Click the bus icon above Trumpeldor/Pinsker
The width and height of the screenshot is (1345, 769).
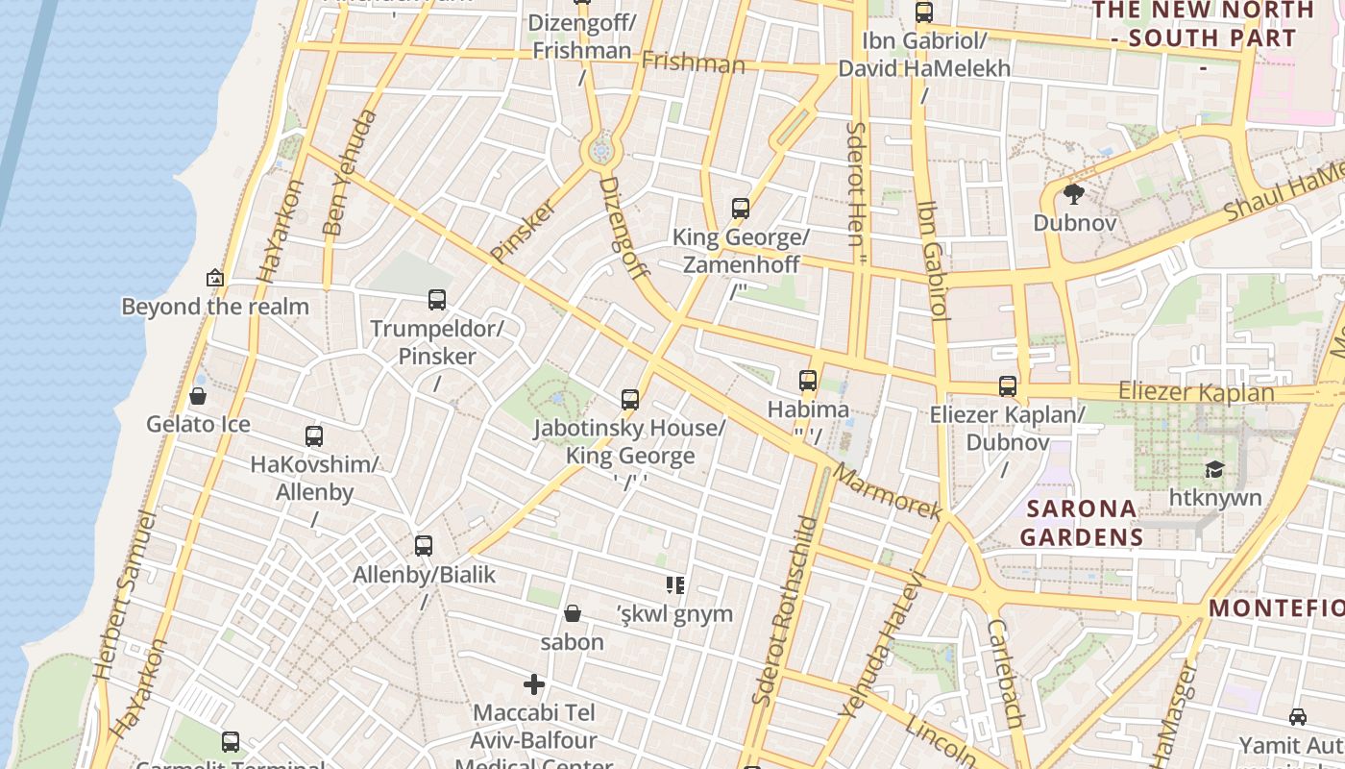(x=437, y=300)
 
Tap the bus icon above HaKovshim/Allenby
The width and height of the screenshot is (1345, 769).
(x=314, y=436)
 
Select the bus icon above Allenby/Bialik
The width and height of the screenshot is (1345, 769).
(x=424, y=546)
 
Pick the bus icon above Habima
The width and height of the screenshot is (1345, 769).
(x=808, y=381)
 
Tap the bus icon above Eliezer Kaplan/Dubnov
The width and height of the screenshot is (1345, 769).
(x=1008, y=386)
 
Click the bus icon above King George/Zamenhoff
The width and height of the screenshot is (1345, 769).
(x=741, y=209)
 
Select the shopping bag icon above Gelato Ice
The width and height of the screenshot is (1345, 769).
(x=198, y=396)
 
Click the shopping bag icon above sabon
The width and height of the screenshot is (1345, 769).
(x=573, y=613)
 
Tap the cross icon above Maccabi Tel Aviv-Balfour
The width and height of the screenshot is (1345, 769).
(x=534, y=684)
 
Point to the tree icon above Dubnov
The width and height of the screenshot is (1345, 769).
(x=1074, y=195)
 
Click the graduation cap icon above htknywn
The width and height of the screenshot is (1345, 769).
(x=1215, y=469)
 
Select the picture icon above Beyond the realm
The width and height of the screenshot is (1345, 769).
(x=215, y=279)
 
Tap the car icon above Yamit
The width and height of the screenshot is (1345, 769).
(x=1298, y=717)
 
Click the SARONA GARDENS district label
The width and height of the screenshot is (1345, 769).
(x=1081, y=522)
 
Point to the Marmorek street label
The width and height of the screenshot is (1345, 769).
(x=887, y=492)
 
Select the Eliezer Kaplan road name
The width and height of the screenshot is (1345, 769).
(x=1196, y=392)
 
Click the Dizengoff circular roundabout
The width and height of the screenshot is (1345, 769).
(x=601, y=151)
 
